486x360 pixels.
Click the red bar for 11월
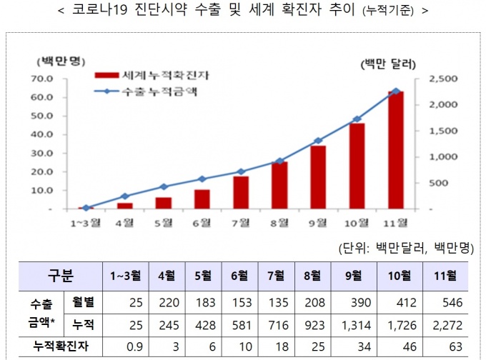coord(395,150)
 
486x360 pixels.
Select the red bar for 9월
coord(318,177)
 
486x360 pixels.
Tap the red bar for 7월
coord(241,193)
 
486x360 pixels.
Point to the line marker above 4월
coord(125,196)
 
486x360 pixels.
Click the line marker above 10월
coord(357,119)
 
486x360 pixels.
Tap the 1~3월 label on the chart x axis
coord(86,222)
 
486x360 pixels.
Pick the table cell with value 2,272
coord(445,325)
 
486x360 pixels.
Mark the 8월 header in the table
coord(312,274)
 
